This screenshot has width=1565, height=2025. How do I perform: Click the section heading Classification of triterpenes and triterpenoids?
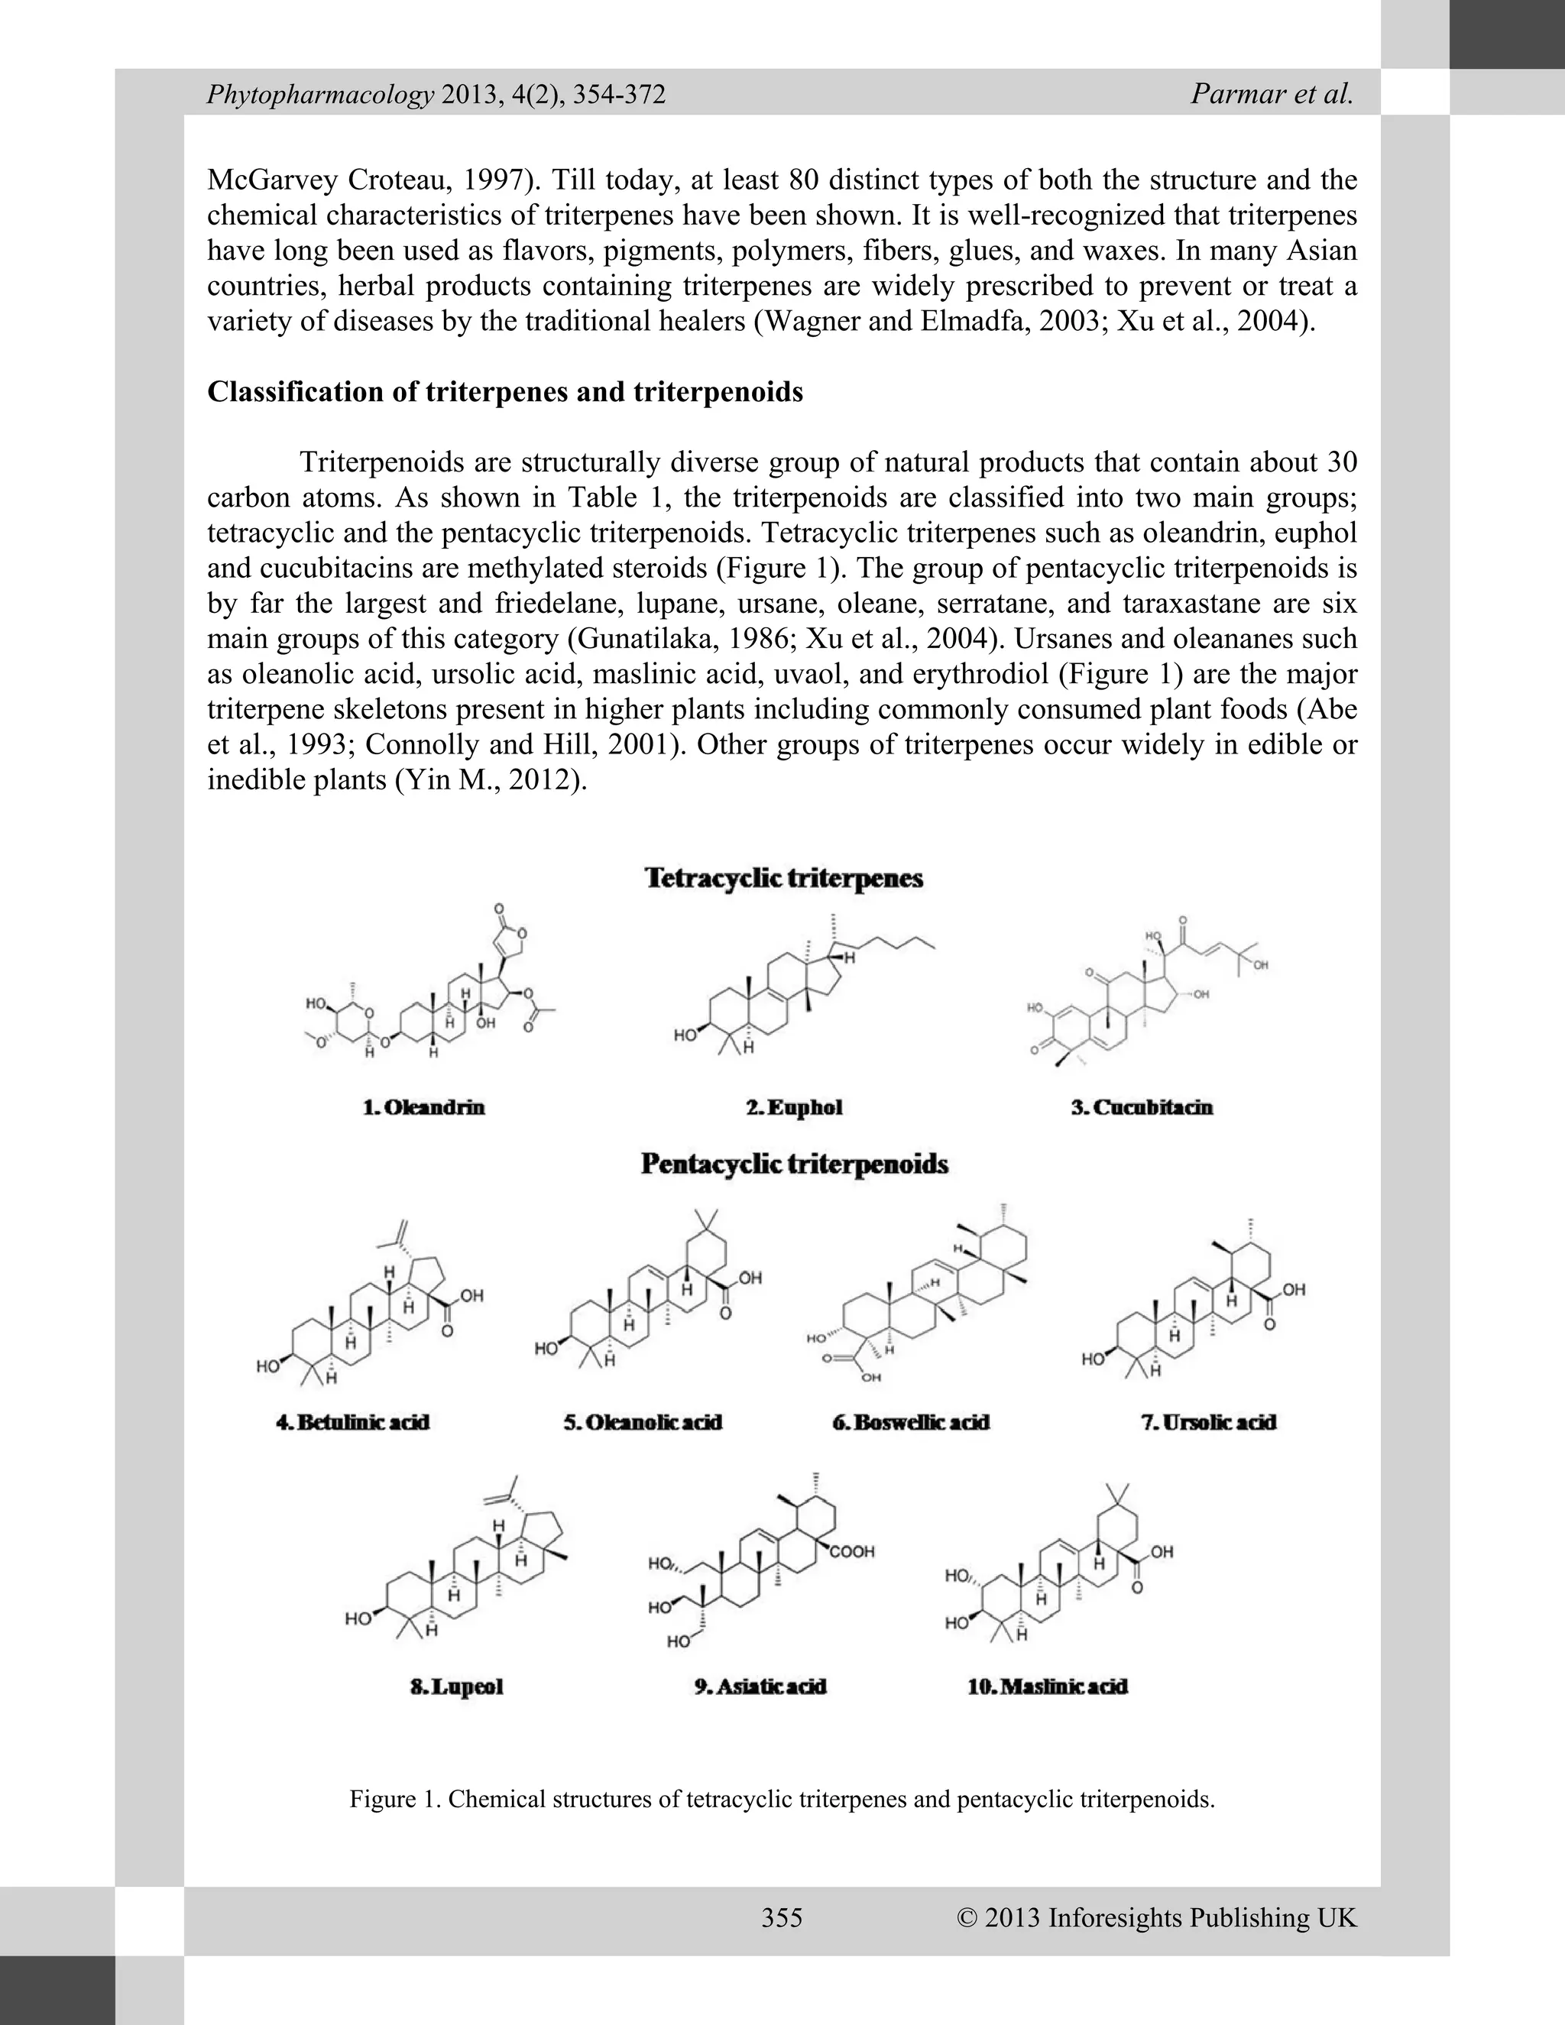tap(504, 392)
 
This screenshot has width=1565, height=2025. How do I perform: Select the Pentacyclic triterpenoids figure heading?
tap(795, 1164)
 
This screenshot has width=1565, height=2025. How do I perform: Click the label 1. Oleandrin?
tap(423, 1107)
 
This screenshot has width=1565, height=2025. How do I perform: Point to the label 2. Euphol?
tap(795, 1107)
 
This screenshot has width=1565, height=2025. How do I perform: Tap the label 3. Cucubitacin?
tap(1142, 1107)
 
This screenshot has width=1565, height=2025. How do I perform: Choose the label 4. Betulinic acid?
tap(353, 1422)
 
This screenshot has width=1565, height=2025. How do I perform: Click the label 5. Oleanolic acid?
tap(643, 1422)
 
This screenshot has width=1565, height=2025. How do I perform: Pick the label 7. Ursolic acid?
tap(1208, 1422)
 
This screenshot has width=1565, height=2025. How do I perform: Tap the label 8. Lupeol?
tap(456, 1686)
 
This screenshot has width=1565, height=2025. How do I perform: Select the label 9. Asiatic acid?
tap(760, 1686)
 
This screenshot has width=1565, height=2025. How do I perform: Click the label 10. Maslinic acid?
tap(1047, 1686)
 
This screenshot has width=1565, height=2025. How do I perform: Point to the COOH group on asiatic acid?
tap(851, 1551)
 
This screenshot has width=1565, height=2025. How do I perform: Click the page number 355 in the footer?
tap(782, 1917)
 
